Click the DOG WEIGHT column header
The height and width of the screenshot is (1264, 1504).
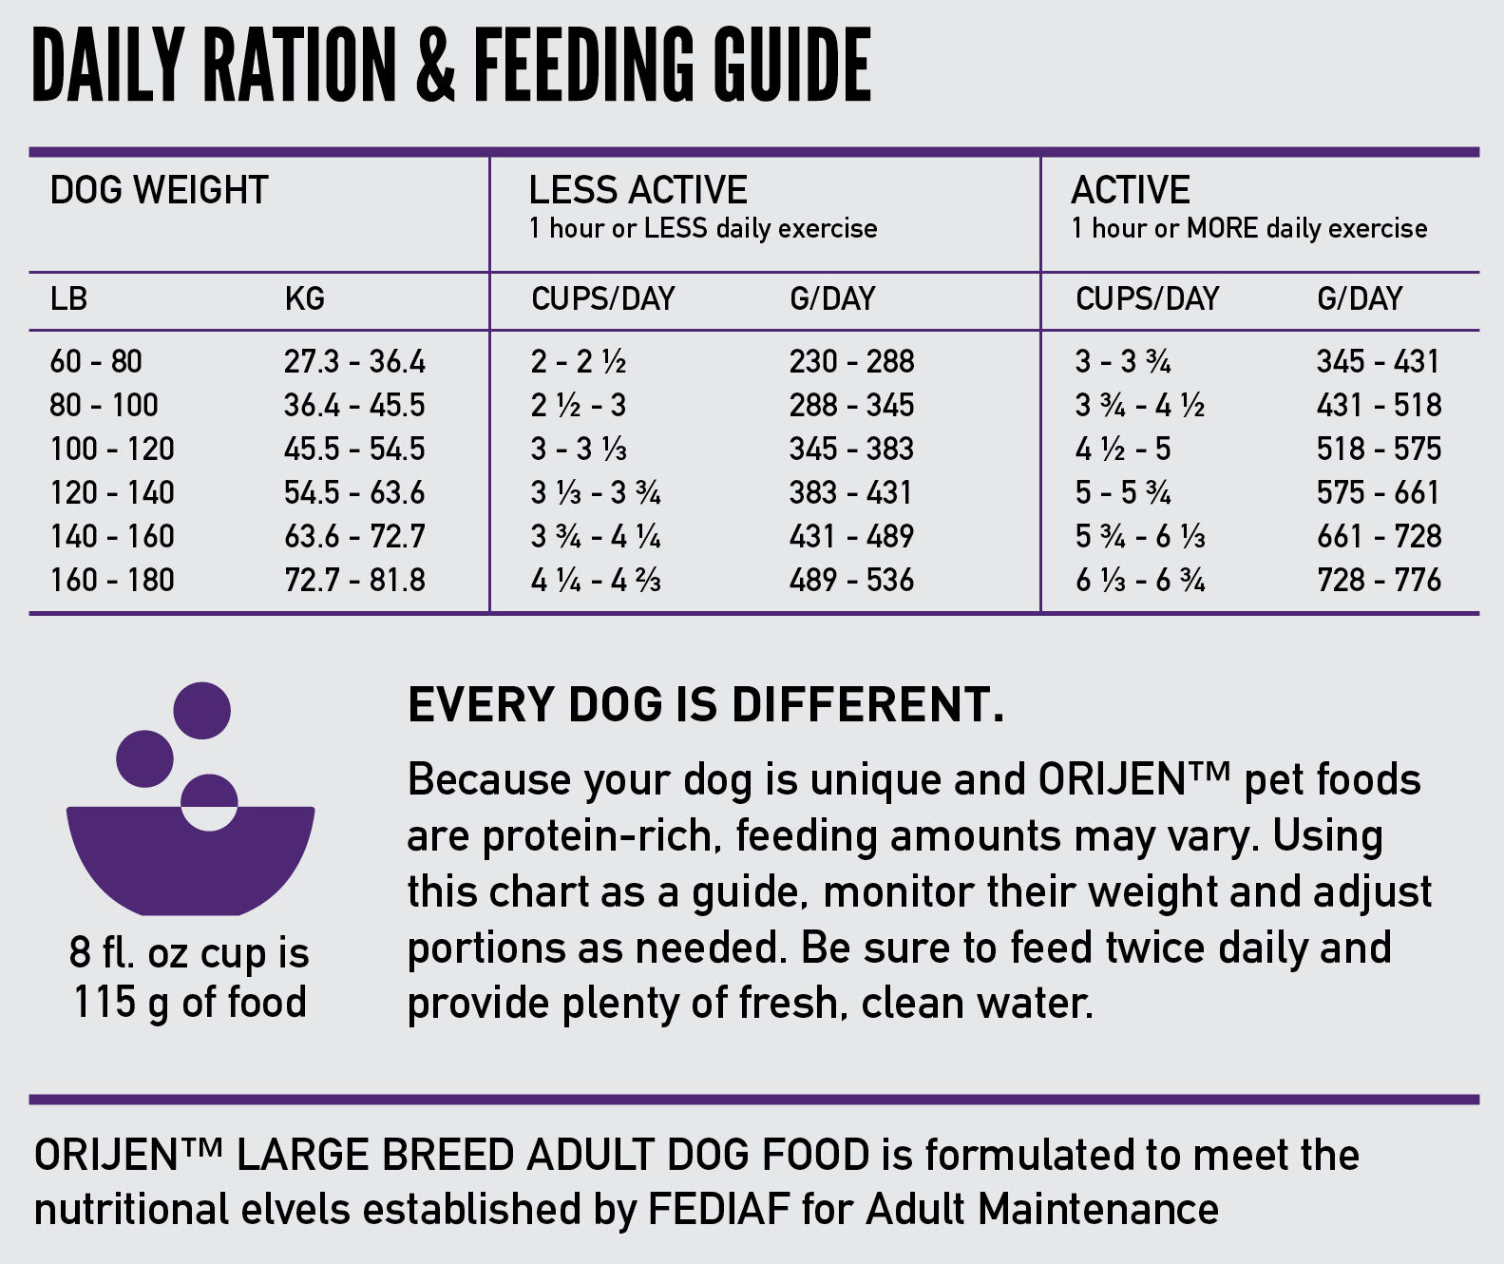(159, 190)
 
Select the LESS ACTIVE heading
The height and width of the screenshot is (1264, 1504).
(638, 190)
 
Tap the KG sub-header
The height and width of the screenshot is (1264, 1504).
(304, 298)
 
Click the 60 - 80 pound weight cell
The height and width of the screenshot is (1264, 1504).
(96, 361)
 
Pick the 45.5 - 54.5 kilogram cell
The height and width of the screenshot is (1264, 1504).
(354, 449)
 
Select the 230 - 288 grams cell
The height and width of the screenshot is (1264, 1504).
(851, 361)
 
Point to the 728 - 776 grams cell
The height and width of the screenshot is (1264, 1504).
(1379, 580)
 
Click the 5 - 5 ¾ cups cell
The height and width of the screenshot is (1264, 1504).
(1122, 492)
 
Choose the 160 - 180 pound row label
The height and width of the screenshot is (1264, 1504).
(112, 580)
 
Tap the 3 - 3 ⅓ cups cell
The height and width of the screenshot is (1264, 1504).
(579, 449)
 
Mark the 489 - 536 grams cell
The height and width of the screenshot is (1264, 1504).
(851, 580)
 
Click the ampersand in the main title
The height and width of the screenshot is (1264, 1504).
(435, 65)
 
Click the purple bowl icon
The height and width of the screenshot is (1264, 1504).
(190, 855)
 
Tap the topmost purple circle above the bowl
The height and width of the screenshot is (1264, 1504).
(201, 710)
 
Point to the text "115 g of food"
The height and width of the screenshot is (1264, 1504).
(190, 1002)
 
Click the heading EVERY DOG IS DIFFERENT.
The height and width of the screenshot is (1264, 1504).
(705, 705)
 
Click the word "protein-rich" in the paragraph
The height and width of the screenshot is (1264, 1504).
(607, 835)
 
